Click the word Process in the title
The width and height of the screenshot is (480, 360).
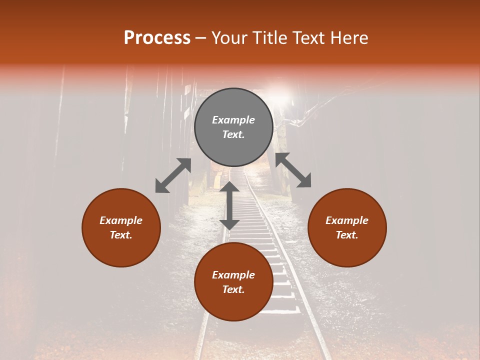[157, 38]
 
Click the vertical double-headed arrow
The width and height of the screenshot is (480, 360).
[229, 205]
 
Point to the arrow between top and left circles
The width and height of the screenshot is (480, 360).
[173, 175]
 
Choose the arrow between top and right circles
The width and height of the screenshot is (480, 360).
[293, 170]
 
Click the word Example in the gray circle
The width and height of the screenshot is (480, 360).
[233, 120]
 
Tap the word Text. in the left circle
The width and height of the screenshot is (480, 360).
[121, 235]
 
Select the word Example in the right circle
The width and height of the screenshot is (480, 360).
[347, 220]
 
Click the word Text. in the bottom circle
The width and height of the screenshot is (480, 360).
[233, 289]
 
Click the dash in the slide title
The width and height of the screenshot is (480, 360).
[200, 38]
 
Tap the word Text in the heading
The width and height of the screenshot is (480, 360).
[306, 38]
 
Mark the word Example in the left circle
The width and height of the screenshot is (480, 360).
[121, 220]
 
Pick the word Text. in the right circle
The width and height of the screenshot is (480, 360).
[347, 235]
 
